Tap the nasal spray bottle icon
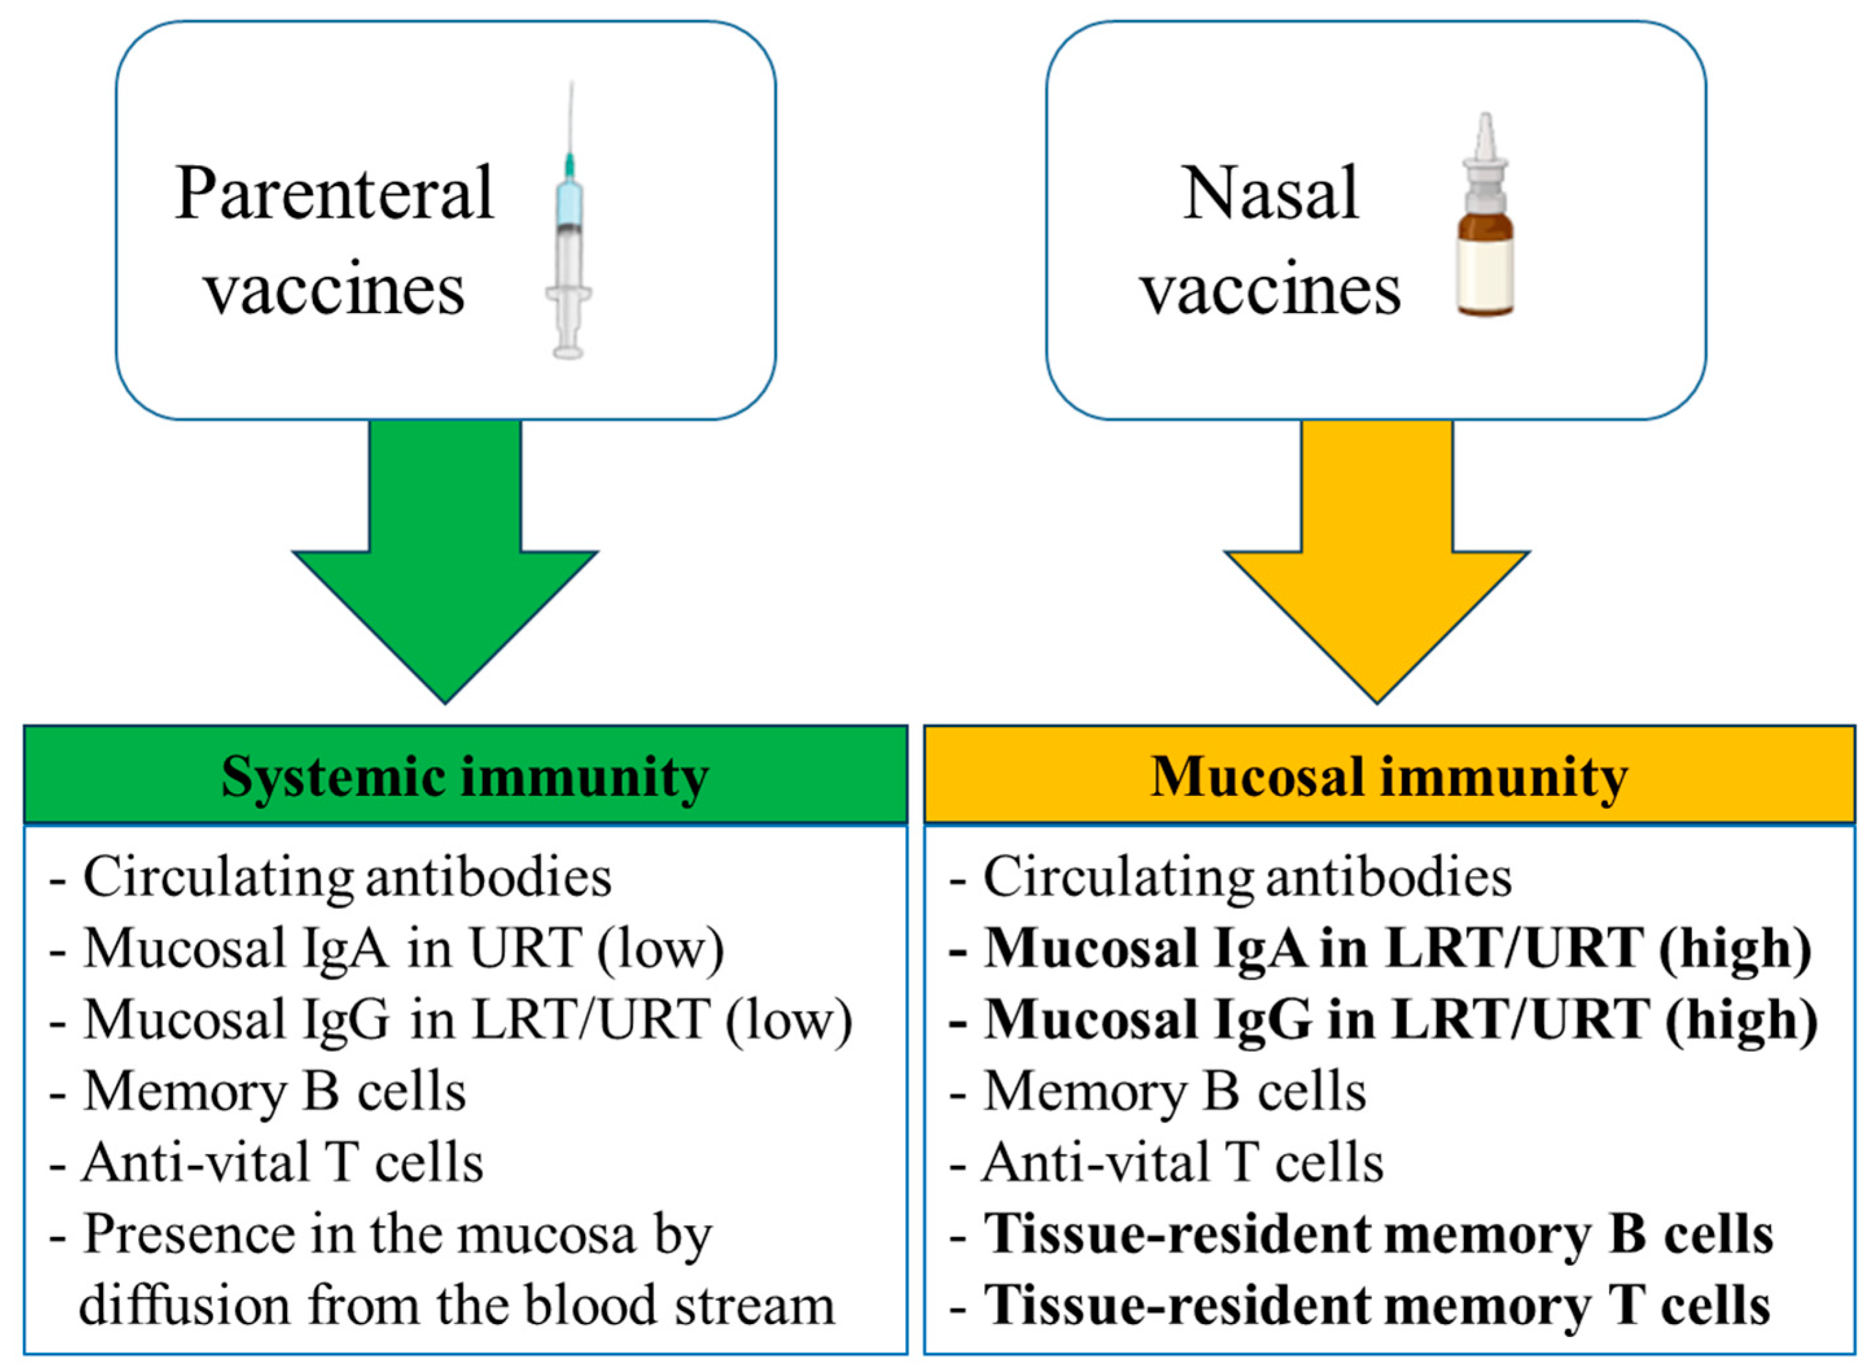pyautogui.click(x=1485, y=220)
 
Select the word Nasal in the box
pyautogui.click(x=1270, y=194)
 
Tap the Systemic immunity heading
pyautogui.click(x=465, y=776)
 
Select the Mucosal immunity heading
pyautogui.click(x=1388, y=776)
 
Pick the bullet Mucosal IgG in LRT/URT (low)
pyautogui.click(x=468, y=1020)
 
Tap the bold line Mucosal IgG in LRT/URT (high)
pyautogui.click(x=1400, y=1020)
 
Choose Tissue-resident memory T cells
pyautogui.click(x=1376, y=1305)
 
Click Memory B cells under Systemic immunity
pyautogui.click(x=274, y=1091)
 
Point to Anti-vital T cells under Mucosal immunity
pyautogui.click(x=1182, y=1163)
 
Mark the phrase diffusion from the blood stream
pyautogui.click(x=457, y=1305)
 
